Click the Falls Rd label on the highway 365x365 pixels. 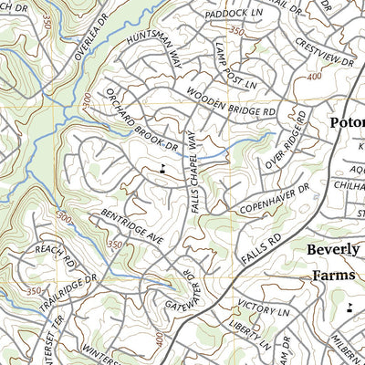coord(259,248)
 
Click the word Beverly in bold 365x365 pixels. coord(335,248)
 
